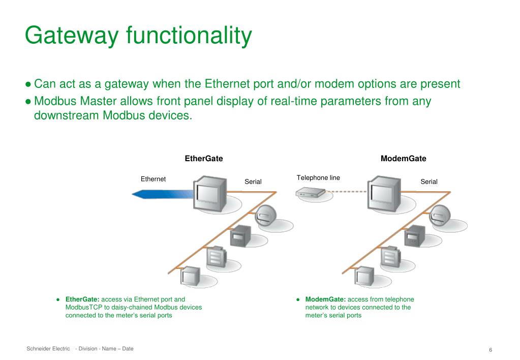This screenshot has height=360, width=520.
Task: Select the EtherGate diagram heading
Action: tap(203, 159)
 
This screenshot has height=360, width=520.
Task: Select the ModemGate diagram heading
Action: tap(403, 159)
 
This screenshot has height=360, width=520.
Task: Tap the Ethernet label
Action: tap(153, 179)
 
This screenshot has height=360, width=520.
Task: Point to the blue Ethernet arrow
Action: tap(163, 193)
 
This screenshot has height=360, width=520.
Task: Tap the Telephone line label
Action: tap(318, 178)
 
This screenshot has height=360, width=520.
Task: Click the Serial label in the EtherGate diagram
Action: tap(253, 182)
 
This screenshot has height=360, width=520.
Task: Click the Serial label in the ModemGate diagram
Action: tap(429, 182)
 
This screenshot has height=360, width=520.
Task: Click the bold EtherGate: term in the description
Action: tap(82, 299)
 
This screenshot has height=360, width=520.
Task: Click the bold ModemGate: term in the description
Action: tap(325, 299)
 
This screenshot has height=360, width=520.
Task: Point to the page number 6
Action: tap(491, 350)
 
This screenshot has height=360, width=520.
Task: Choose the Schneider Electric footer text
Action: tap(48, 349)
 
